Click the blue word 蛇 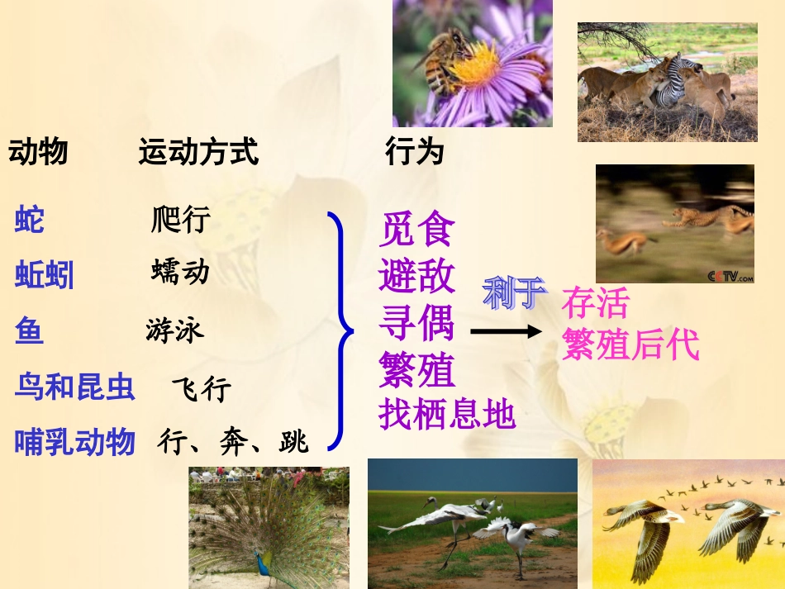pyautogui.click(x=30, y=221)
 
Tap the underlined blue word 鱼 pyautogui.click(x=29, y=330)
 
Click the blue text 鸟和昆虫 pyautogui.click(x=74, y=387)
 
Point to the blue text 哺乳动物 pyautogui.click(x=74, y=443)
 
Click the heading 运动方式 pyautogui.click(x=198, y=153)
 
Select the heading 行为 pyautogui.click(x=415, y=152)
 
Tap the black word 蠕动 pyautogui.click(x=180, y=272)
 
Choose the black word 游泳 pyautogui.click(x=174, y=330)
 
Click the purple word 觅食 pyautogui.click(x=417, y=230)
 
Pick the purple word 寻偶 pyautogui.click(x=417, y=322)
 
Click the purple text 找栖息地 pyautogui.click(x=447, y=415)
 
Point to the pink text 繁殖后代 pyautogui.click(x=630, y=344)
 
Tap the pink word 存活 pyautogui.click(x=595, y=303)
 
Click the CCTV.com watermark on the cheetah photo pyautogui.click(x=730, y=276)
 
